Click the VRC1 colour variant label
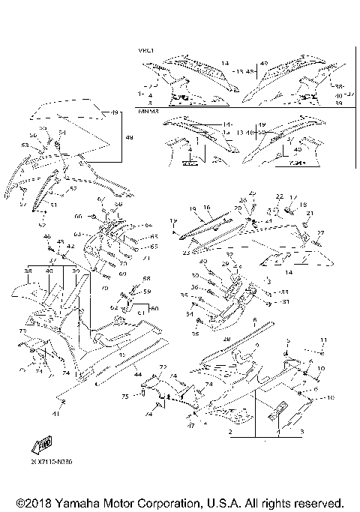[145, 50]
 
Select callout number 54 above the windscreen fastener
[61, 133]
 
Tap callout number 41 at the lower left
[55, 412]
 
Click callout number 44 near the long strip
[138, 373]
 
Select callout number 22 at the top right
[279, 196]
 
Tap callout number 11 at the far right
[324, 340]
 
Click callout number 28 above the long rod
[226, 339]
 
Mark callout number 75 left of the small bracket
[125, 395]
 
